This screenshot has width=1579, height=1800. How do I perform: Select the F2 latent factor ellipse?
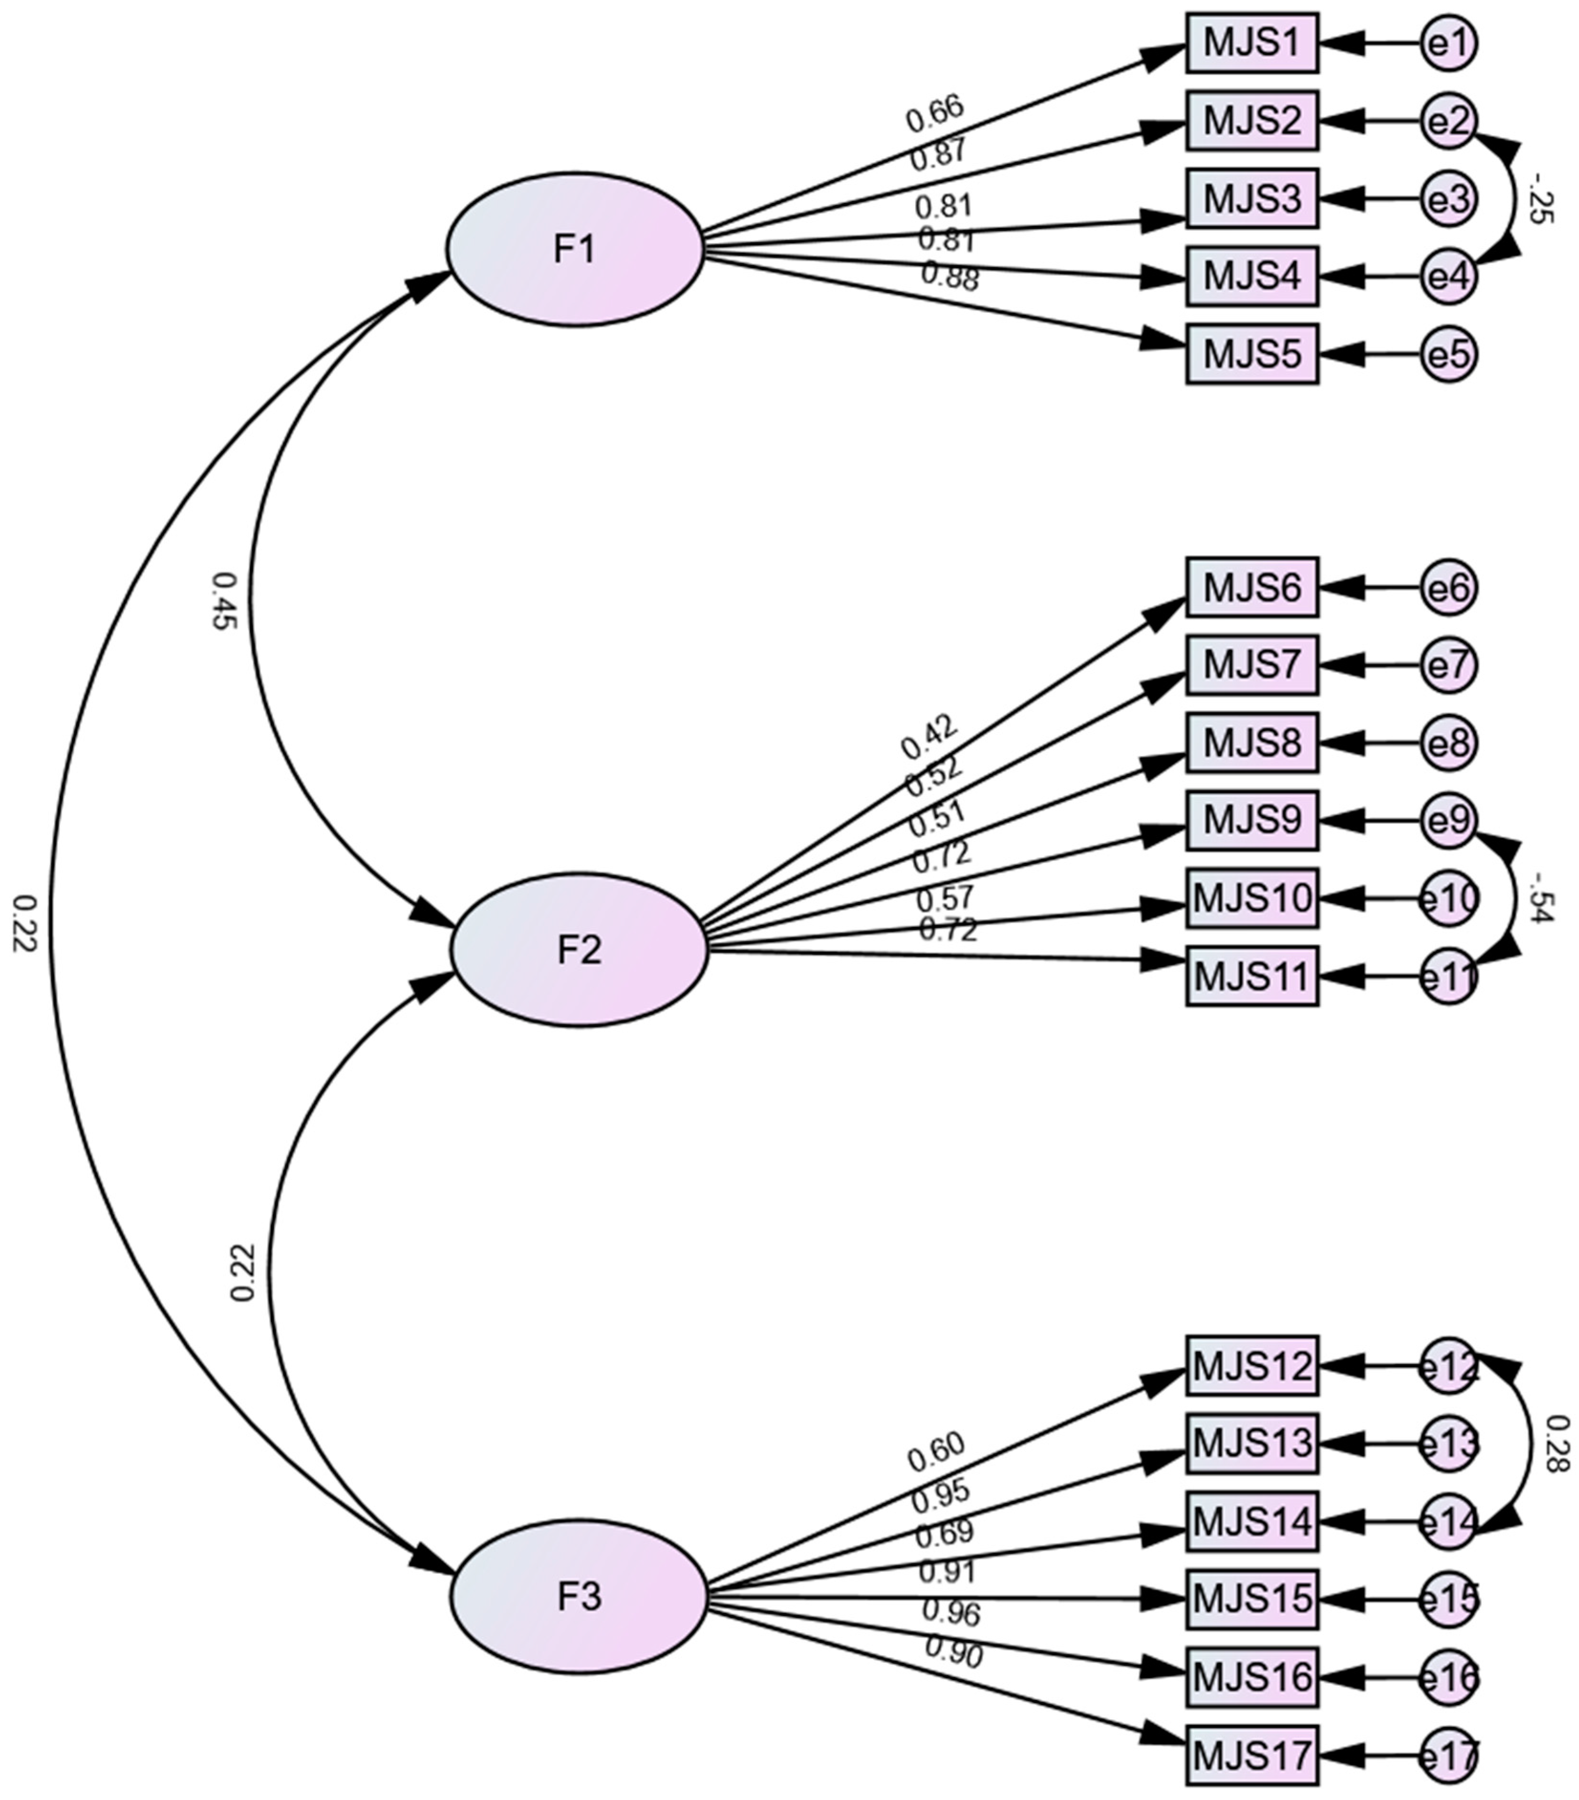click(x=579, y=949)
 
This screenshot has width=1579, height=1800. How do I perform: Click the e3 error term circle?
click(x=1448, y=199)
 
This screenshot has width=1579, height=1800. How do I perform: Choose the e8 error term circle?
click(x=1448, y=743)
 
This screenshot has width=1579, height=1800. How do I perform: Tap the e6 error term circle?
click(x=1448, y=587)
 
